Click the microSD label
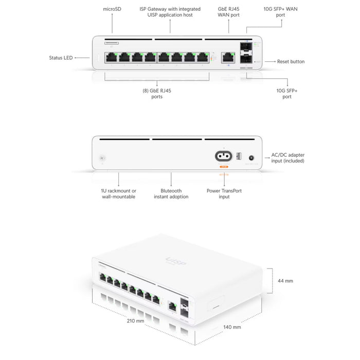[x=112, y=9]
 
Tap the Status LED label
[x=61, y=58]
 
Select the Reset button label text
[x=291, y=62]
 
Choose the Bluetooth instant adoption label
[x=171, y=194]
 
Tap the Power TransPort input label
[x=224, y=194]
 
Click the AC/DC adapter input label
[x=288, y=158]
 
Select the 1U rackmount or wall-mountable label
[x=118, y=194]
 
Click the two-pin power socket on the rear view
[x=224, y=156]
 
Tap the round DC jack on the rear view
[x=252, y=159]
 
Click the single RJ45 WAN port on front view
[x=226, y=58]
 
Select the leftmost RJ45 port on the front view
[x=111, y=58]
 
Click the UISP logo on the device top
[x=176, y=262]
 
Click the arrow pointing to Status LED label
[x=82, y=58]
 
